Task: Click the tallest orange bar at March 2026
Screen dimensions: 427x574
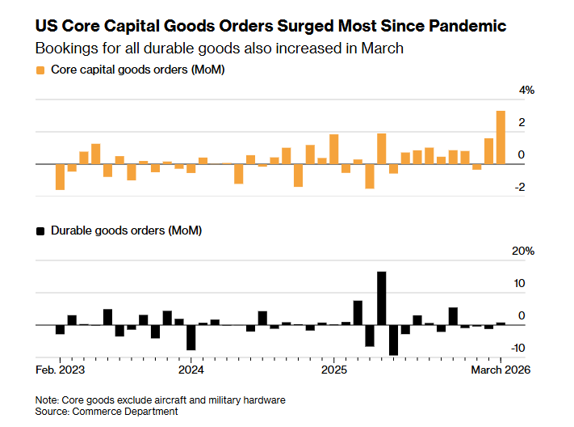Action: [x=501, y=137]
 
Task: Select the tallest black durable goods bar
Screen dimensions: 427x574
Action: [x=382, y=298]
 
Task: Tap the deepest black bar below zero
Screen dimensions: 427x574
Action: [x=394, y=340]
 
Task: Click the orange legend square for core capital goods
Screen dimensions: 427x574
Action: [x=40, y=70]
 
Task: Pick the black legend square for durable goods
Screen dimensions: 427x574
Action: [x=40, y=231]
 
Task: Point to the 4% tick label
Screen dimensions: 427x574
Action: [x=526, y=91]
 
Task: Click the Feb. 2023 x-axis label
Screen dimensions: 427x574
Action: [x=61, y=370]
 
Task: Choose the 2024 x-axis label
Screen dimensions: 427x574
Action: [x=191, y=370]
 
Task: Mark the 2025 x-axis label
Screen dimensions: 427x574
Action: [x=334, y=370]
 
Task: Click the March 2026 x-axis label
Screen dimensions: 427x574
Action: [x=500, y=370]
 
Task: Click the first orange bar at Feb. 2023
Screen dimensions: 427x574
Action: [x=60, y=177]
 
